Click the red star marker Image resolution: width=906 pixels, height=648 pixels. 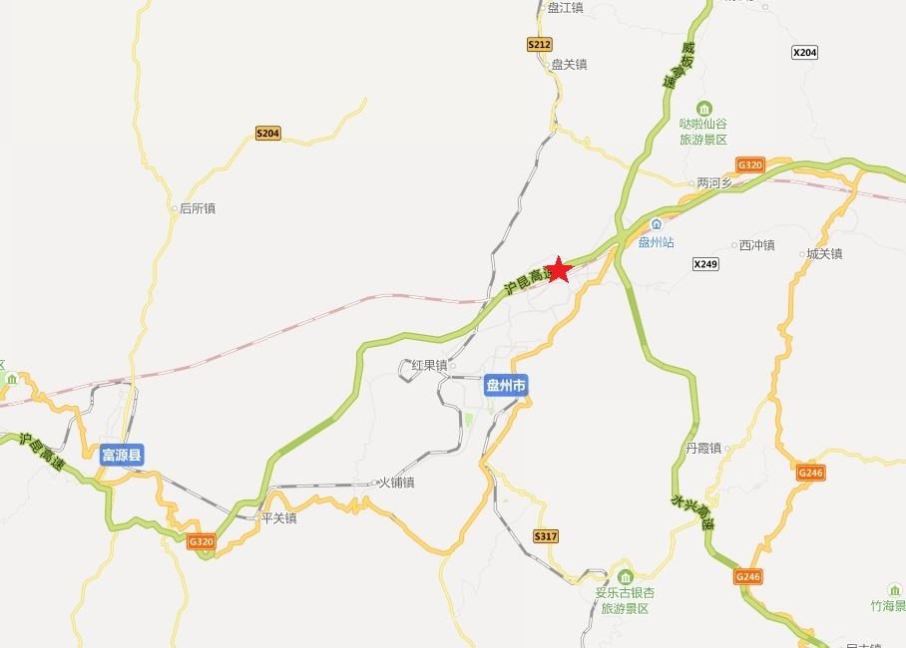click(559, 269)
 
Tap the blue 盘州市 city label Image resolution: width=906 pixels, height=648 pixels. click(505, 386)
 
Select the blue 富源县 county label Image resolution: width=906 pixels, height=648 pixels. click(123, 457)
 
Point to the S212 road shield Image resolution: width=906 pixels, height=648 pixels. click(539, 45)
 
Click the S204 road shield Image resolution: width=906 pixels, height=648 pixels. click(267, 133)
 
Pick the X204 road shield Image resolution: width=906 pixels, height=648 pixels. click(804, 52)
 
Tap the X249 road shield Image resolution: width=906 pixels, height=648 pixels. click(705, 264)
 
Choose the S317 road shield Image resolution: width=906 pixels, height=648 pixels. click(545, 536)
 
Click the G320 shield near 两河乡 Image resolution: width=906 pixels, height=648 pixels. click(749, 164)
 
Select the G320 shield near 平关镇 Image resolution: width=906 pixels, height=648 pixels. click(201, 541)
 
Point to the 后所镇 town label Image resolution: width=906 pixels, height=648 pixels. click(197, 208)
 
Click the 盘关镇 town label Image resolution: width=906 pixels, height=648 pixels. click(569, 65)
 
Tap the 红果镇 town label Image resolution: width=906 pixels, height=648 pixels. click(429, 365)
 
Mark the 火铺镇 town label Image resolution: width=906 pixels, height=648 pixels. click(395, 483)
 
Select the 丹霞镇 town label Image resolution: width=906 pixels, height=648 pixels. click(702, 449)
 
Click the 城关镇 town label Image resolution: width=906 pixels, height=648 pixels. click(823, 254)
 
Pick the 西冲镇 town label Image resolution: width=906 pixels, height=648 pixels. click(755, 245)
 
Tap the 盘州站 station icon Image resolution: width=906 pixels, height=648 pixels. click(656, 224)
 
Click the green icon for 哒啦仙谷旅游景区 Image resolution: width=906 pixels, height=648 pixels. click(704, 108)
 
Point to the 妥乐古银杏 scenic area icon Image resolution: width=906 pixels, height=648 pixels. click(625, 576)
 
